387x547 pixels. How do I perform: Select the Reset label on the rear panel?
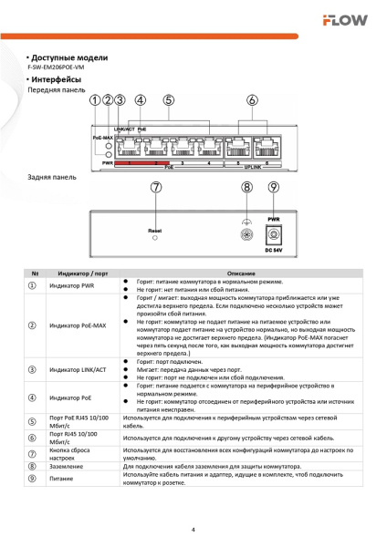155,232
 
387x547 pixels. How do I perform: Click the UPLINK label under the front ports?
251,168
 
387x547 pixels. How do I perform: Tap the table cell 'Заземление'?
66,465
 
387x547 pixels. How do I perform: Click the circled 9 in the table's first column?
34,479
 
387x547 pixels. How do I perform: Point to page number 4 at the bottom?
193,529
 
